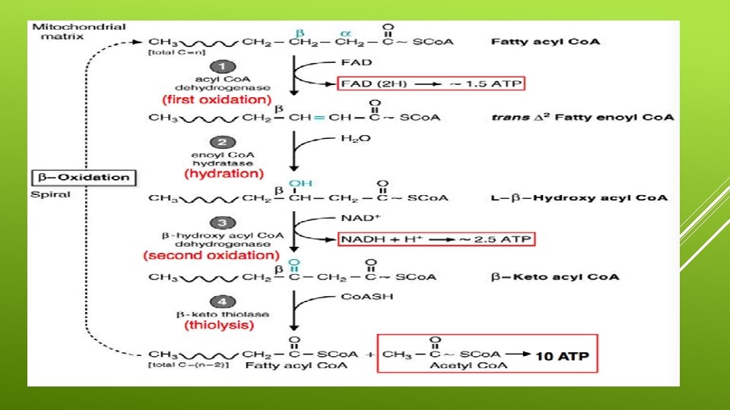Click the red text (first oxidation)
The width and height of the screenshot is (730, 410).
point(216,99)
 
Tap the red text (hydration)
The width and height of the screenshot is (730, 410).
point(224,174)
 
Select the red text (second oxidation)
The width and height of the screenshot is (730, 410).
point(211,256)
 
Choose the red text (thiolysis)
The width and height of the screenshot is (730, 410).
point(219,326)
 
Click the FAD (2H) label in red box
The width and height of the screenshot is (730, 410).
point(371,83)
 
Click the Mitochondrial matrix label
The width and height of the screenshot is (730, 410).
point(78,31)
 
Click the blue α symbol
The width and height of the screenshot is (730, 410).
point(346,33)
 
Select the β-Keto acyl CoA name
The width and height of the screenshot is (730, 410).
point(554,276)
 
